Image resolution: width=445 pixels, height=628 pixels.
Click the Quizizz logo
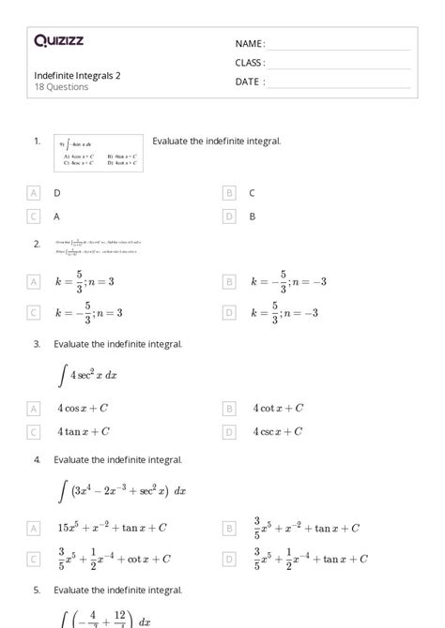tap(58, 40)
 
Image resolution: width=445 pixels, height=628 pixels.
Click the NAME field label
tap(250, 44)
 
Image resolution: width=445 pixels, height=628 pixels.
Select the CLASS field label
tap(250, 63)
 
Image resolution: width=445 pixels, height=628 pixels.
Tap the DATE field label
tap(250, 82)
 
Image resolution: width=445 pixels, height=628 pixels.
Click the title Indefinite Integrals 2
tap(77, 75)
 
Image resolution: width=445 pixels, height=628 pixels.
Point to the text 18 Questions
tap(61, 87)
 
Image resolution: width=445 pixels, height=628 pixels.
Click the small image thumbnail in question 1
tap(99, 152)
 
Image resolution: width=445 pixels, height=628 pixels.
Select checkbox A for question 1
tap(34, 192)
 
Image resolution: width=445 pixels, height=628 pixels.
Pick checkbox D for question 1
tap(228, 216)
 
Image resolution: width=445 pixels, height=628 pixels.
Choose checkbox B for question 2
tap(228, 281)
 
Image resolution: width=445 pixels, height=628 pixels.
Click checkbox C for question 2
tap(34, 313)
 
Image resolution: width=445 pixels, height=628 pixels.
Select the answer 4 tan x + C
tap(83, 432)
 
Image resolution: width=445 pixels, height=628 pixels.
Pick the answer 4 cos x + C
tap(84, 409)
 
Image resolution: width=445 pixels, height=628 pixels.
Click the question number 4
tap(37, 460)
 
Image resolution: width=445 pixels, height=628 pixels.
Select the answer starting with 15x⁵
tap(111, 528)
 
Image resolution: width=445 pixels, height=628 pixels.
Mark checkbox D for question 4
tap(228, 560)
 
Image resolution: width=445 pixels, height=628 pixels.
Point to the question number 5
tap(37, 591)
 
